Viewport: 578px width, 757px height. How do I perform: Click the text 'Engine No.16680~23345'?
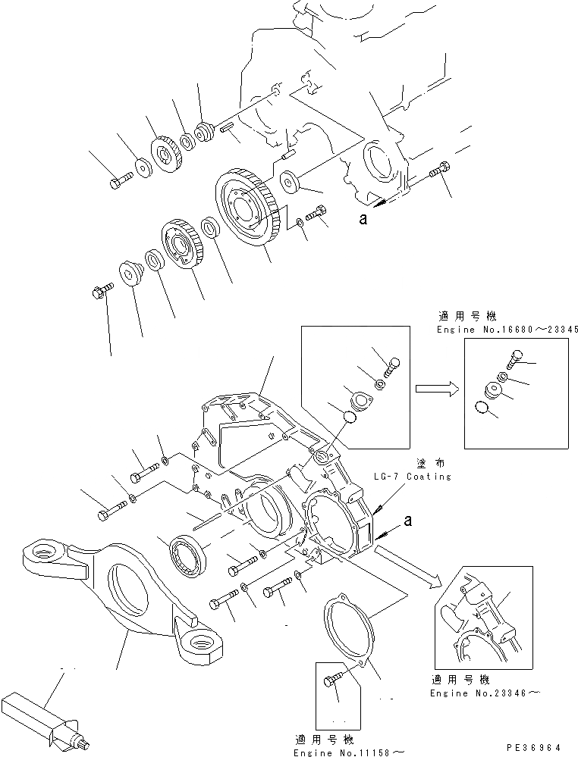click(x=508, y=330)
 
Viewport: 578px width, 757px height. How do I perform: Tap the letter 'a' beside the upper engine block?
click(x=363, y=219)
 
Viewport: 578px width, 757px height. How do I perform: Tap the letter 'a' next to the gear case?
click(x=410, y=521)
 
